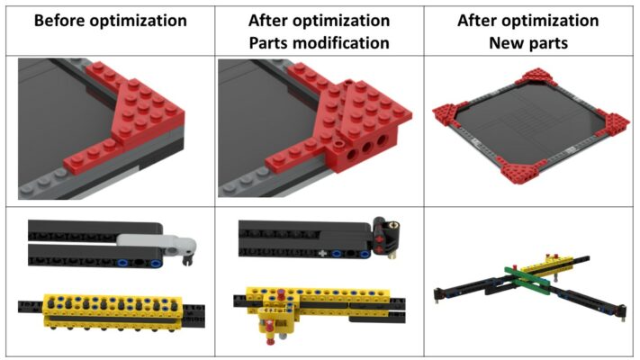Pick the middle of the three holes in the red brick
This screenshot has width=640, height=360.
click(366, 148)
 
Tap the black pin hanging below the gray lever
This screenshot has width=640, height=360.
click(187, 259)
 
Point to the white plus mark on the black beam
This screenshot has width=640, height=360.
click(322, 254)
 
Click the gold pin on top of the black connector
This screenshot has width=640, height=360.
click(394, 225)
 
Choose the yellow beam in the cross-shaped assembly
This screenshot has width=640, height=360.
click(546, 265)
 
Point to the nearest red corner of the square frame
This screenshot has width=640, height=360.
click(518, 174)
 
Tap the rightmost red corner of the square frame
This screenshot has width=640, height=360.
click(614, 124)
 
